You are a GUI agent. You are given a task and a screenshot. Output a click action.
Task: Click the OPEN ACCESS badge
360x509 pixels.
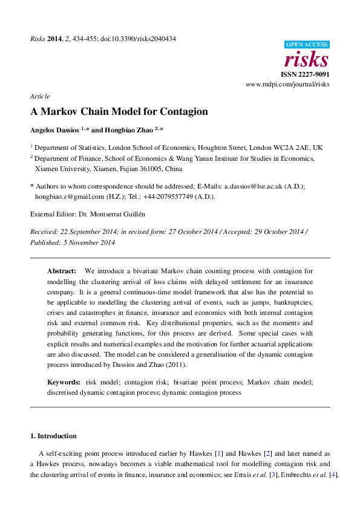pyautogui.click(x=307, y=44)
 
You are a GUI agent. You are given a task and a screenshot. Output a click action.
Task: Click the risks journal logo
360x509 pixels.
pyautogui.click(x=307, y=60)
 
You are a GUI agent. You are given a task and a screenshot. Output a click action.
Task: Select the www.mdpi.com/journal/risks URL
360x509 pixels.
pyautogui.click(x=287, y=85)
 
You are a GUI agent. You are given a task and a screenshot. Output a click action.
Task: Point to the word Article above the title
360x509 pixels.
pyautogui.click(x=40, y=96)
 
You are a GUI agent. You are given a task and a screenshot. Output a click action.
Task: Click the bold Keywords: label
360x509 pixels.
pyautogui.click(x=64, y=383)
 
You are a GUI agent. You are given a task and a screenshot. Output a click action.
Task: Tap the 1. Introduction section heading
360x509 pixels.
pyautogui.click(x=53, y=436)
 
